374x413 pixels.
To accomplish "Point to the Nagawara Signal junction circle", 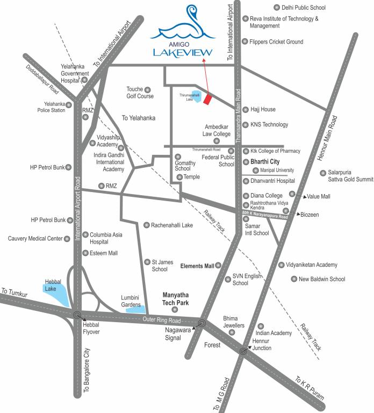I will coord(202,323).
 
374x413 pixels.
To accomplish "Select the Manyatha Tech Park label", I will coord(180,299).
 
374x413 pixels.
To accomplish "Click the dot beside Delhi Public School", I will coord(277,8).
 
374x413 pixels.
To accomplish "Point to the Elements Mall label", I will coord(197,266).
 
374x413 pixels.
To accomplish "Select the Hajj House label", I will coord(262,110).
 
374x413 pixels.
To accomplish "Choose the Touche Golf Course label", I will coord(140,92).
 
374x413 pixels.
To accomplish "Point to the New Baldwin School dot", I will coord(293,279).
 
